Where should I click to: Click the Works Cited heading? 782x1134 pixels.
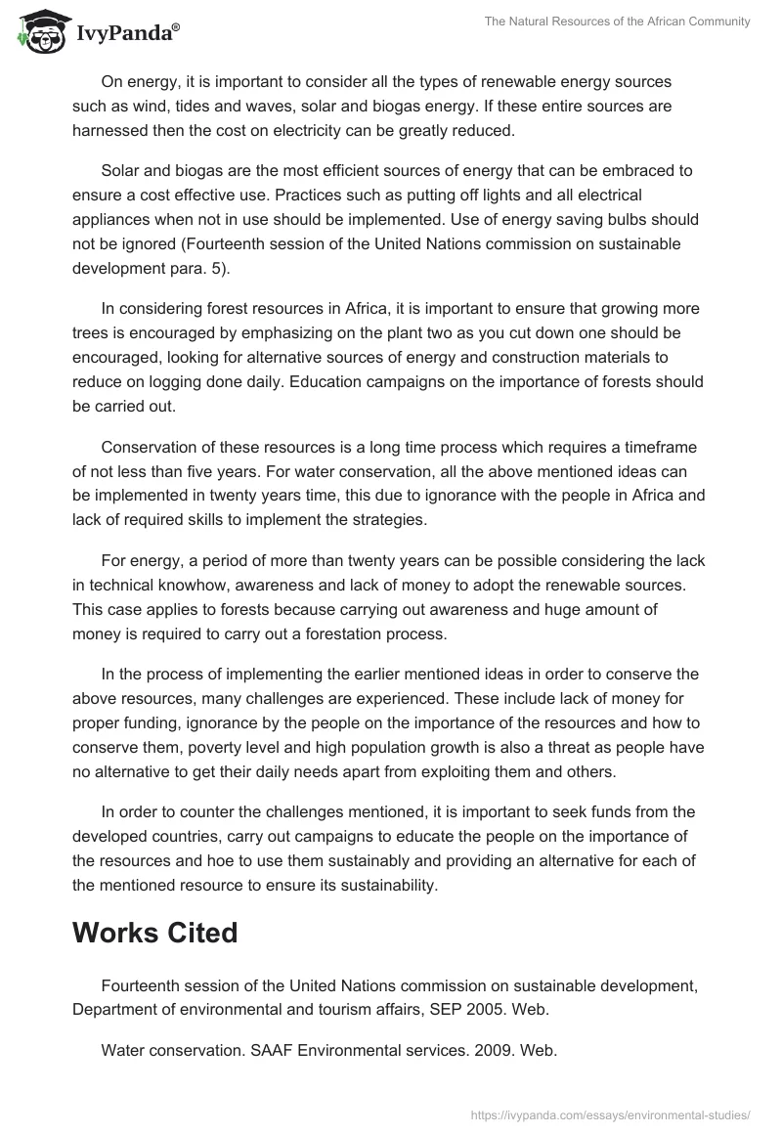(x=154, y=933)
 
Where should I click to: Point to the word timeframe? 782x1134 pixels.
(x=659, y=448)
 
